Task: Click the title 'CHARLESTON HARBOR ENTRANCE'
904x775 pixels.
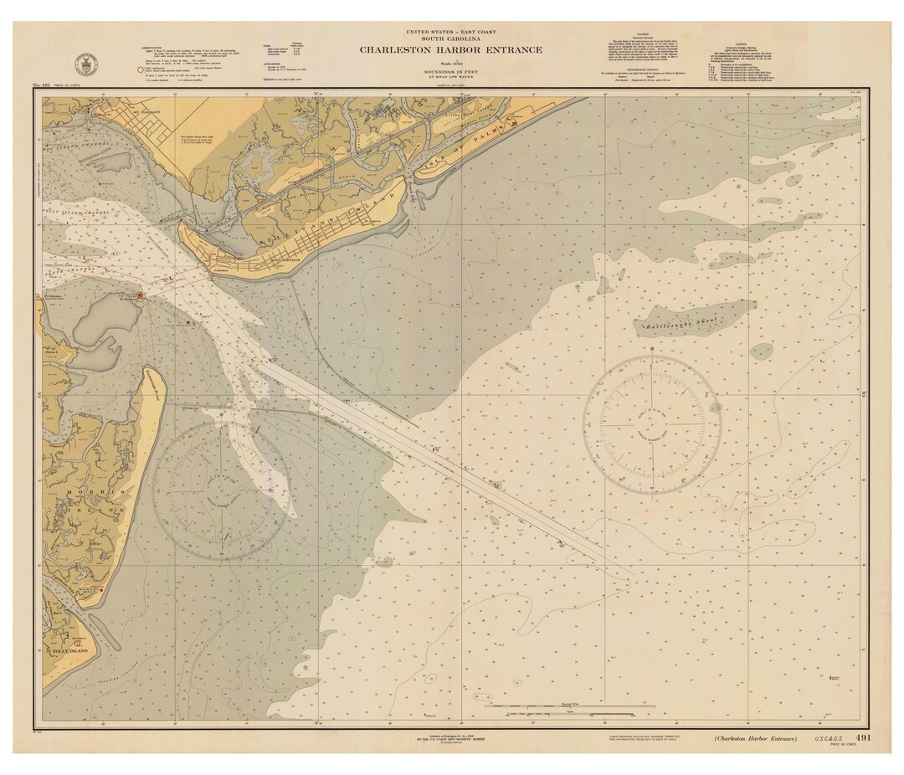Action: tap(451, 49)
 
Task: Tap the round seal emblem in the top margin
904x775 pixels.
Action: tap(83, 64)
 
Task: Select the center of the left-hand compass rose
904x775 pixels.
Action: tap(219, 490)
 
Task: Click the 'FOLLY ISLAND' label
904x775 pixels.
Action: tap(69, 649)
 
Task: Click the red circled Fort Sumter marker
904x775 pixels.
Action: tap(140, 295)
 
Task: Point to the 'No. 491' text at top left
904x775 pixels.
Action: tap(43, 86)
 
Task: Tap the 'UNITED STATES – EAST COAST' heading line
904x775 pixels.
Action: tap(451, 30)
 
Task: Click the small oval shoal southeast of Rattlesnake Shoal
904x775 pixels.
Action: tap(761, 352)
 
